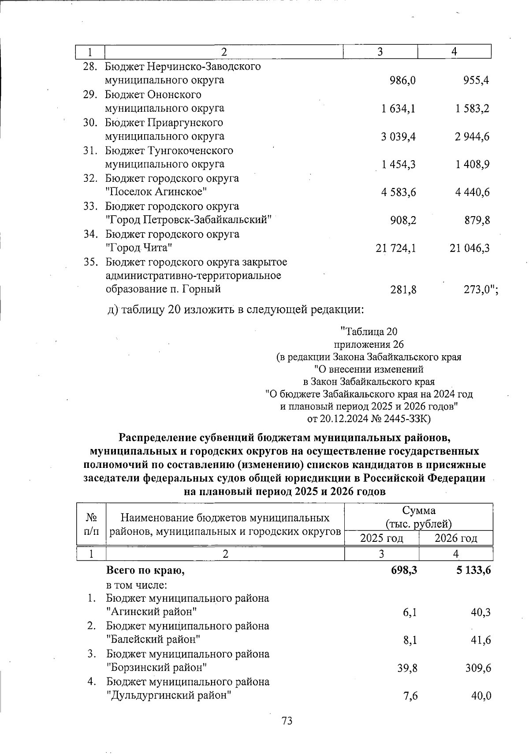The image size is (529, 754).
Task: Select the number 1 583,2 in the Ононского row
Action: coord(473,108)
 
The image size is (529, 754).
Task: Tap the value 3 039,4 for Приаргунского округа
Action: coord(399,136)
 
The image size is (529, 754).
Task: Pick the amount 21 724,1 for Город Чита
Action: coord(396,248)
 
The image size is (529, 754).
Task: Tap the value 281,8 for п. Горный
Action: coord(403,290)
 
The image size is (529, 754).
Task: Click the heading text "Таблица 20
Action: coord(369,331)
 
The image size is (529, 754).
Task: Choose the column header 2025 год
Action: coord(382,538)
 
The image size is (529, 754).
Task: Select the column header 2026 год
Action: coord(456,538)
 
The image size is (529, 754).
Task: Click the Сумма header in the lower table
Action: coord(418,511)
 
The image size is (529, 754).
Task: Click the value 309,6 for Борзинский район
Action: coord(477,668)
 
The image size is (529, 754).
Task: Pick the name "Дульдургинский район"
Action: coord(169,695)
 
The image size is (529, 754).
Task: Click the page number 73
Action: coord(287,721)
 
